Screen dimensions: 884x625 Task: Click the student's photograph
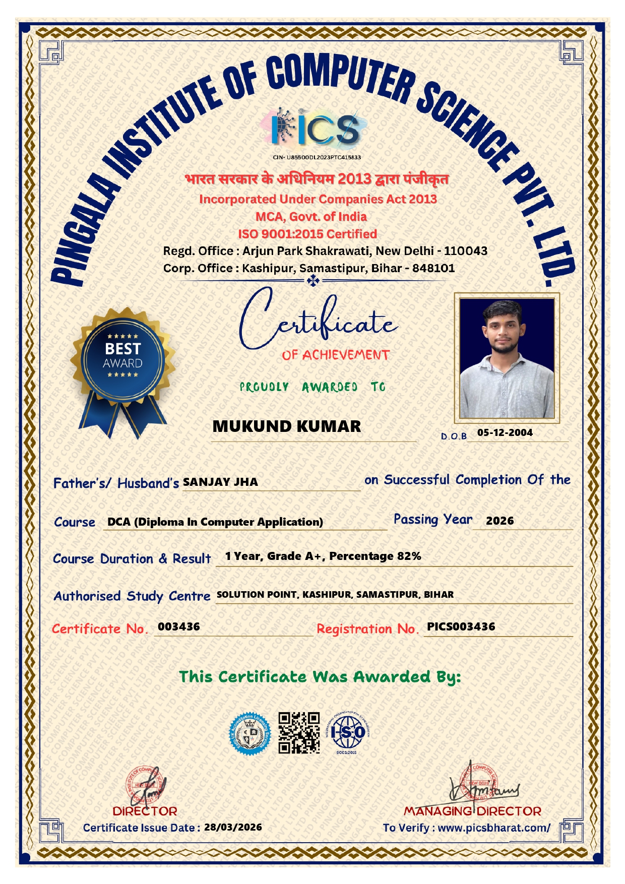(x=506, y=358)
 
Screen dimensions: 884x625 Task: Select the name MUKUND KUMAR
(x=286, y=426)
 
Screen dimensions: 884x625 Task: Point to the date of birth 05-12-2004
(x=505, y=432)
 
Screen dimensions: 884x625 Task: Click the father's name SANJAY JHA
(x=220, y=482)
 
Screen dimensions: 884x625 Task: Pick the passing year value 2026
(x=499, y=521)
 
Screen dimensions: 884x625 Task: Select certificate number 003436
(x=179, y=626)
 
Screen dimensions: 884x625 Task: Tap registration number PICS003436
(x=461, y=626)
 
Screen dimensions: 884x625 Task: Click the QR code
(x=299, y=732)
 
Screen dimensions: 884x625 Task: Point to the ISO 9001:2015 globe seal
(x=348, y=732)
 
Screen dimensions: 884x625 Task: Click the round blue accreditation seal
(x=249, y=733)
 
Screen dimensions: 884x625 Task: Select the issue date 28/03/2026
(x=233, y=827)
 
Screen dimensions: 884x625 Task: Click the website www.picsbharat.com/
(x=494, y=828)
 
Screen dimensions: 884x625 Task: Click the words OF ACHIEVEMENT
(x=336, y=355)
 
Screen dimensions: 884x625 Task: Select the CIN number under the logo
(x=317, y=157)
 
